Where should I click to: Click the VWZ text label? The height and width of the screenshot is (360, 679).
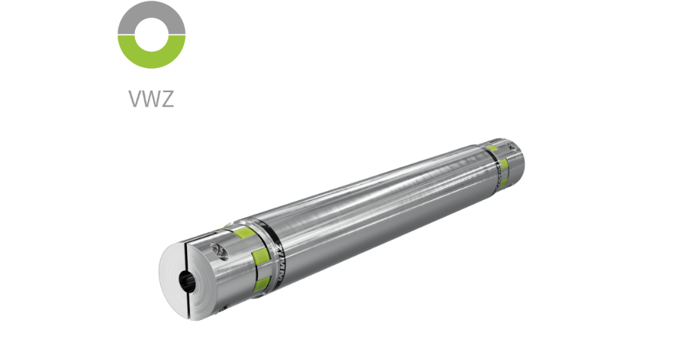tap(152, 99)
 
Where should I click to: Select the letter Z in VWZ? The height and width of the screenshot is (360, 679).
tap(167, 99)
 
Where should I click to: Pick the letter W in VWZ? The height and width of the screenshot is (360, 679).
tap(152, 99)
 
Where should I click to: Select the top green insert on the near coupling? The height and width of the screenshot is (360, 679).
tap(243, 232)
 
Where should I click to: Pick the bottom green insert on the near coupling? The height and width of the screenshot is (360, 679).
tap(263, 284)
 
